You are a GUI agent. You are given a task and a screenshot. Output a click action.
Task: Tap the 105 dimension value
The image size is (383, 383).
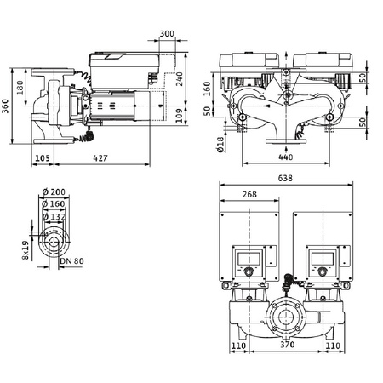tap(42, 158)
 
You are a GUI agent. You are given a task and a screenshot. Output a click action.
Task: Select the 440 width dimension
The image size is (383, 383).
tap(285, 158)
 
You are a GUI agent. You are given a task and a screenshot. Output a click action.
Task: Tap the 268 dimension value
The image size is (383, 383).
tap(250, 194)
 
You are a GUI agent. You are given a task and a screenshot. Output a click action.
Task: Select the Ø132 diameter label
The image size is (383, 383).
tap(58, 217)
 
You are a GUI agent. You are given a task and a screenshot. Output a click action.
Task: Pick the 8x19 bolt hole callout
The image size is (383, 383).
tap(26, 249)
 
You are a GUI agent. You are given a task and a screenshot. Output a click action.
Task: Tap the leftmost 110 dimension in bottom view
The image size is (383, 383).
tap(238, 347)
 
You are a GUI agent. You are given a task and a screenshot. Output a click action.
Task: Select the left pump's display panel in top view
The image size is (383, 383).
tap(249, 257)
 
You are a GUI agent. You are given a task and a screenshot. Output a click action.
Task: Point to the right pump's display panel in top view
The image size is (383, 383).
tap(319, 257)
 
